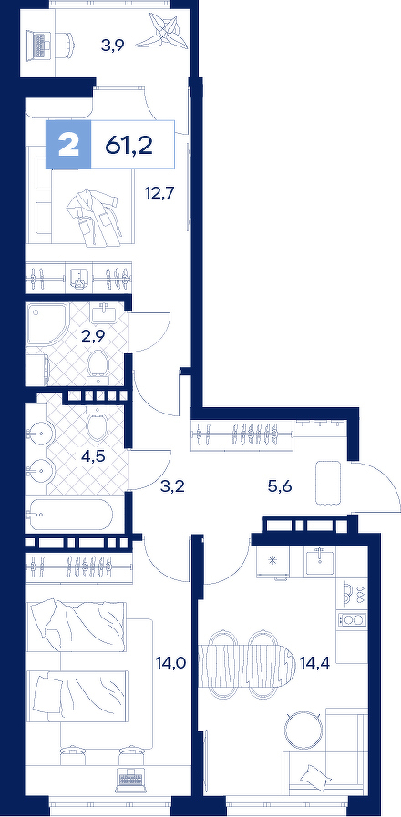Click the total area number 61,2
(x=129, y=145)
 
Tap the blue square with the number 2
(x=69, y=144)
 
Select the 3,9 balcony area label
(x=113, y=46)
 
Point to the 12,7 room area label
(x=159, y=193)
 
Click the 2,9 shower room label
(x=93, y=335)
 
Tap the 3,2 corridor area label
(x=172, y=487)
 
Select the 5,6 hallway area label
(x=279, y=487)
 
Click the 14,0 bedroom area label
(x=171, y=663)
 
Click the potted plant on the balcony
(x=163, y=31)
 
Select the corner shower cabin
(x=46, y=323)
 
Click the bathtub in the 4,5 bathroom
(x=70, y=515)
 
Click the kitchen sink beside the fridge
(x=320, y=561)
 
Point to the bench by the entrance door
(x=328, y=483)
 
